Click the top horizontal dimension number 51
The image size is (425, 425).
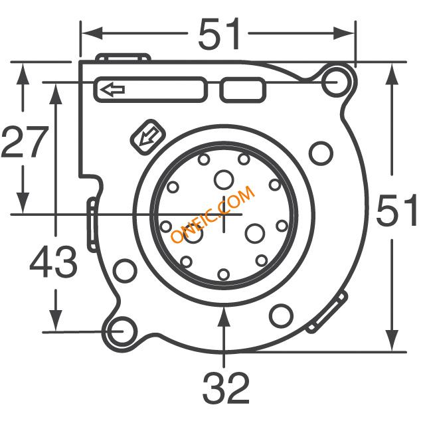pyautogui.click(x=219, y=34)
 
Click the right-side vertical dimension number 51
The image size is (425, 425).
pyautogui.click(x=397, y=210)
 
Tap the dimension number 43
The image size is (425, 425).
pyautogui.click(x=53, y=262)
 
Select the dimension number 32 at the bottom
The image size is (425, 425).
pyautogui.click(x=226, y=388)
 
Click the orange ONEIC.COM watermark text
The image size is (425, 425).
pyautogui.click(x=213, y=214)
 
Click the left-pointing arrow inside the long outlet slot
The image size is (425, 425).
pyautogui.click(x=112, y=90)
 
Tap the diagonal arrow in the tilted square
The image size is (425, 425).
pyautogui.click(x=148, y=136)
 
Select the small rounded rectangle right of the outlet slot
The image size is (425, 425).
pyautogui.click(x=242, y=90)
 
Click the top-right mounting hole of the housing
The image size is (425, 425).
pyautogui.click(x=335, y=82)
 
